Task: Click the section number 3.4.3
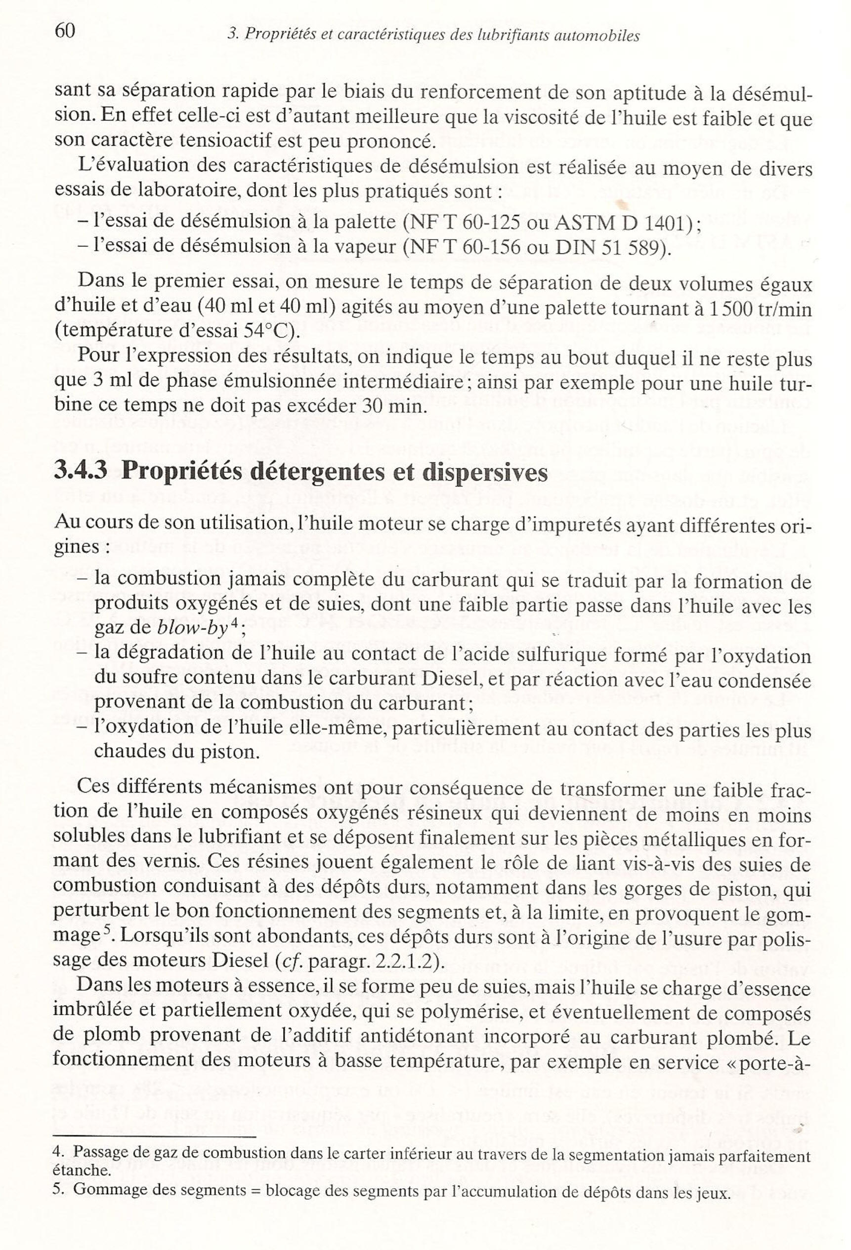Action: pos(81,472)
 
